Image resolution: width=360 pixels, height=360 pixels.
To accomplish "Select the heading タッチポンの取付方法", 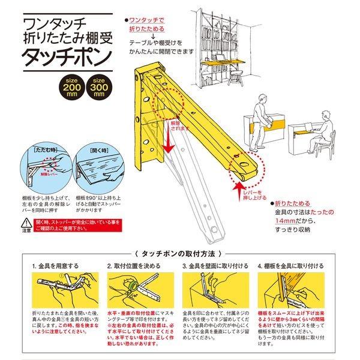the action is [x=179, y=254].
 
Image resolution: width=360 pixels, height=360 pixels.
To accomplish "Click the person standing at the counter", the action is [x=259, y=117].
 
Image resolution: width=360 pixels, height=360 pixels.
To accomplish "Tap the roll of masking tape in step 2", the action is [x=133, y=287].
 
